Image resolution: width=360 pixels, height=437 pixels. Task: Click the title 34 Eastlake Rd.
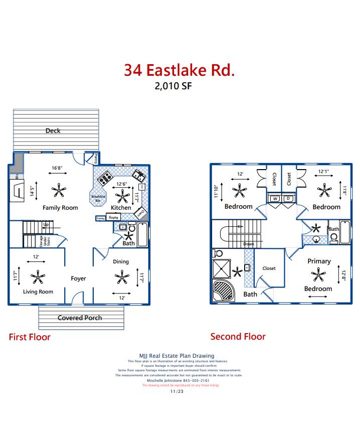[x=179, y=70]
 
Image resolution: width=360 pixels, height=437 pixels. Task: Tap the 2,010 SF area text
[x=173, y=85]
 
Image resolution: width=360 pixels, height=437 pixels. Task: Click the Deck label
[x=53, y=130]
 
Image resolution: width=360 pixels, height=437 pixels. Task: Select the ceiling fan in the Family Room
[x=59, y=190]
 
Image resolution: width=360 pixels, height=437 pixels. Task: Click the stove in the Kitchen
[x=104, y=178]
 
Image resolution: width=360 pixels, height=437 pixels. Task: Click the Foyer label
[x=78, y=278]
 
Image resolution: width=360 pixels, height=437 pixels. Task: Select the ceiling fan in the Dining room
[x=121, y=276]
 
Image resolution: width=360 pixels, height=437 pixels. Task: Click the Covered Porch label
[x=80, y=318]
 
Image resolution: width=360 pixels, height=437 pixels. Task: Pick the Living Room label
[x=38, y=292]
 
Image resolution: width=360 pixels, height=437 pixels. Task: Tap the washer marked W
[x=275, y=199]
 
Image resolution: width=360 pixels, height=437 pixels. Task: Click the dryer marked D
[x=288, y=199]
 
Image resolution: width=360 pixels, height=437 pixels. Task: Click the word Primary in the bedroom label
[x=319, y=261]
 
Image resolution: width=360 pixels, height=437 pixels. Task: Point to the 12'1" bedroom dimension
[x=324, y=172]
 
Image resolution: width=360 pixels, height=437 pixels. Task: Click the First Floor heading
[x=30, y=337]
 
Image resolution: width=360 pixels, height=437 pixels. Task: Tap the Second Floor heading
[x=238, y=337]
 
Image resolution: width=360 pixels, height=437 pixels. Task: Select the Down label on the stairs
[x=249, y=244]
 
